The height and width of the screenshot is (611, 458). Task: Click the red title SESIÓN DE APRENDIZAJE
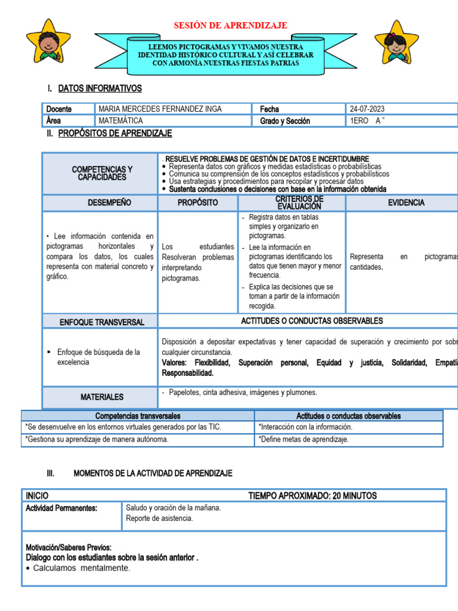(x=230, y=25)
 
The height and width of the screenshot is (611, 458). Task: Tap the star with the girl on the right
(x=396, y=42)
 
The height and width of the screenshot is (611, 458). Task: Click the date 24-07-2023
(x=367, y=109)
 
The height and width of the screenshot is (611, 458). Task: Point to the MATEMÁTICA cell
(x=120, y=121)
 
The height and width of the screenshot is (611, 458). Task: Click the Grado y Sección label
(x=285, y=121)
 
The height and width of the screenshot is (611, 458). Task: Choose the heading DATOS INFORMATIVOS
(x=100, y=89)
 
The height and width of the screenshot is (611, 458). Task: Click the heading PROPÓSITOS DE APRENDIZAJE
(x=115, y=134)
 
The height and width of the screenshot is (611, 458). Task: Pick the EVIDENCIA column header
(x=406, y=203)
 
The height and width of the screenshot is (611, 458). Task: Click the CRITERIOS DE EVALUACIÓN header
(x=291, y=202)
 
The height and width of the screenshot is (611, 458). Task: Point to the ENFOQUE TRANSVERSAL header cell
(x=101, y=322)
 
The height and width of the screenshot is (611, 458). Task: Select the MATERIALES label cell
(x=101, y=397)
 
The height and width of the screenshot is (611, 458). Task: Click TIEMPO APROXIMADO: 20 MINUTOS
(x=312, y=496)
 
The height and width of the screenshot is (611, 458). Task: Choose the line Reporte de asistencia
(x=159, y=518)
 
